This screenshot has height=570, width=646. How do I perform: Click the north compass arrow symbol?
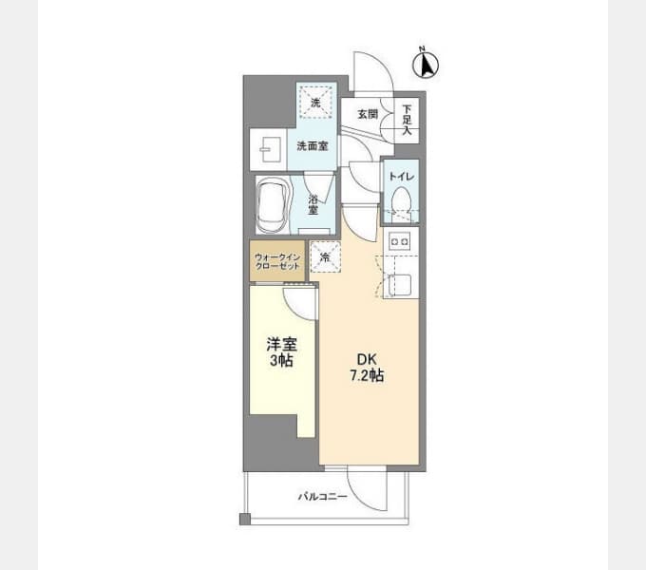426,65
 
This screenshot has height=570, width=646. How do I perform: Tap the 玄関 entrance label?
368,114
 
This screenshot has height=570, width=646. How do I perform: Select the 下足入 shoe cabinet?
407,121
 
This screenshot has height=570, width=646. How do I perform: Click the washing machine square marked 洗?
315,103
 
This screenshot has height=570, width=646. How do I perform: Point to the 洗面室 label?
313,145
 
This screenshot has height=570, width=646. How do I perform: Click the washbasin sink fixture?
271,149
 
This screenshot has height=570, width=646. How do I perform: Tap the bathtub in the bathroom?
272,205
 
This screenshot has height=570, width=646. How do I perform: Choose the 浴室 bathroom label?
313,204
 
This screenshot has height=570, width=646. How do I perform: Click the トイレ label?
401,177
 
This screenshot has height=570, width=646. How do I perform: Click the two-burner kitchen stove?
400,241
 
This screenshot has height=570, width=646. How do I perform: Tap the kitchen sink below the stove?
400,285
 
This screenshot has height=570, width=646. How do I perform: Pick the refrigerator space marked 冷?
326,256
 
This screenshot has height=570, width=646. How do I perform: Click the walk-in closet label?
277,261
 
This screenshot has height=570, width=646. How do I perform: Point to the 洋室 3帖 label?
282,352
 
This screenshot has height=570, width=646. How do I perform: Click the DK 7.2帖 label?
367,368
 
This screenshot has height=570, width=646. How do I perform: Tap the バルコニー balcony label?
323,496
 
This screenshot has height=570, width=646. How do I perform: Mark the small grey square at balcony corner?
245,520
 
